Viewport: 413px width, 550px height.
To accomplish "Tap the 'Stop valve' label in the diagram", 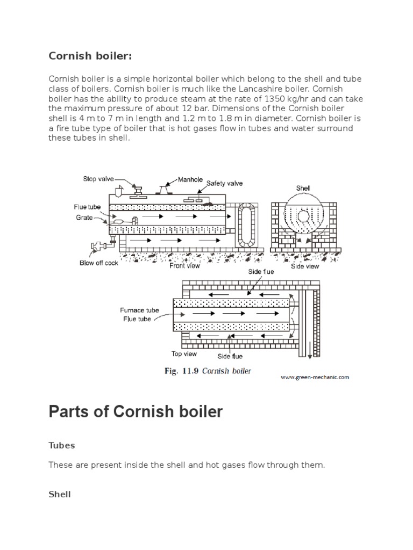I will (98, 179).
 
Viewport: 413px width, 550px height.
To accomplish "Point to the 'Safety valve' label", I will (225, 183).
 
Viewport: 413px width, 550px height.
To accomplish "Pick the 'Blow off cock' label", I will (99, 263).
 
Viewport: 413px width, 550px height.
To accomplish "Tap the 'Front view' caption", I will (185, 265).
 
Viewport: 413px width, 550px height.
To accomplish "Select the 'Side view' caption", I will (305, 265).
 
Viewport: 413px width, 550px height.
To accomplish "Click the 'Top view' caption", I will (184, 354).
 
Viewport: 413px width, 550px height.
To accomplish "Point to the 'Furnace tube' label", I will (139, 310).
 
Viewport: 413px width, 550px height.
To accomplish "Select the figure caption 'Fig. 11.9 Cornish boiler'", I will (208, 371).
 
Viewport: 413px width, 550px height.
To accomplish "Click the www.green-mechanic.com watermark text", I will (315, 377).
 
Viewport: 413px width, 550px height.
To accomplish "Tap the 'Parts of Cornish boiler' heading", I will (136, 412).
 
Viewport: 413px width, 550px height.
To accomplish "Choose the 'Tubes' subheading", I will (62, 445).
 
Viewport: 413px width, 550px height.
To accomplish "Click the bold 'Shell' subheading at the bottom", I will (60, 494).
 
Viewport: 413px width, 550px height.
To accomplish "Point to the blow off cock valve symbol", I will (99, 247).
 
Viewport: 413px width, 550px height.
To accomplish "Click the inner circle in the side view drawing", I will (304, 216).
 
